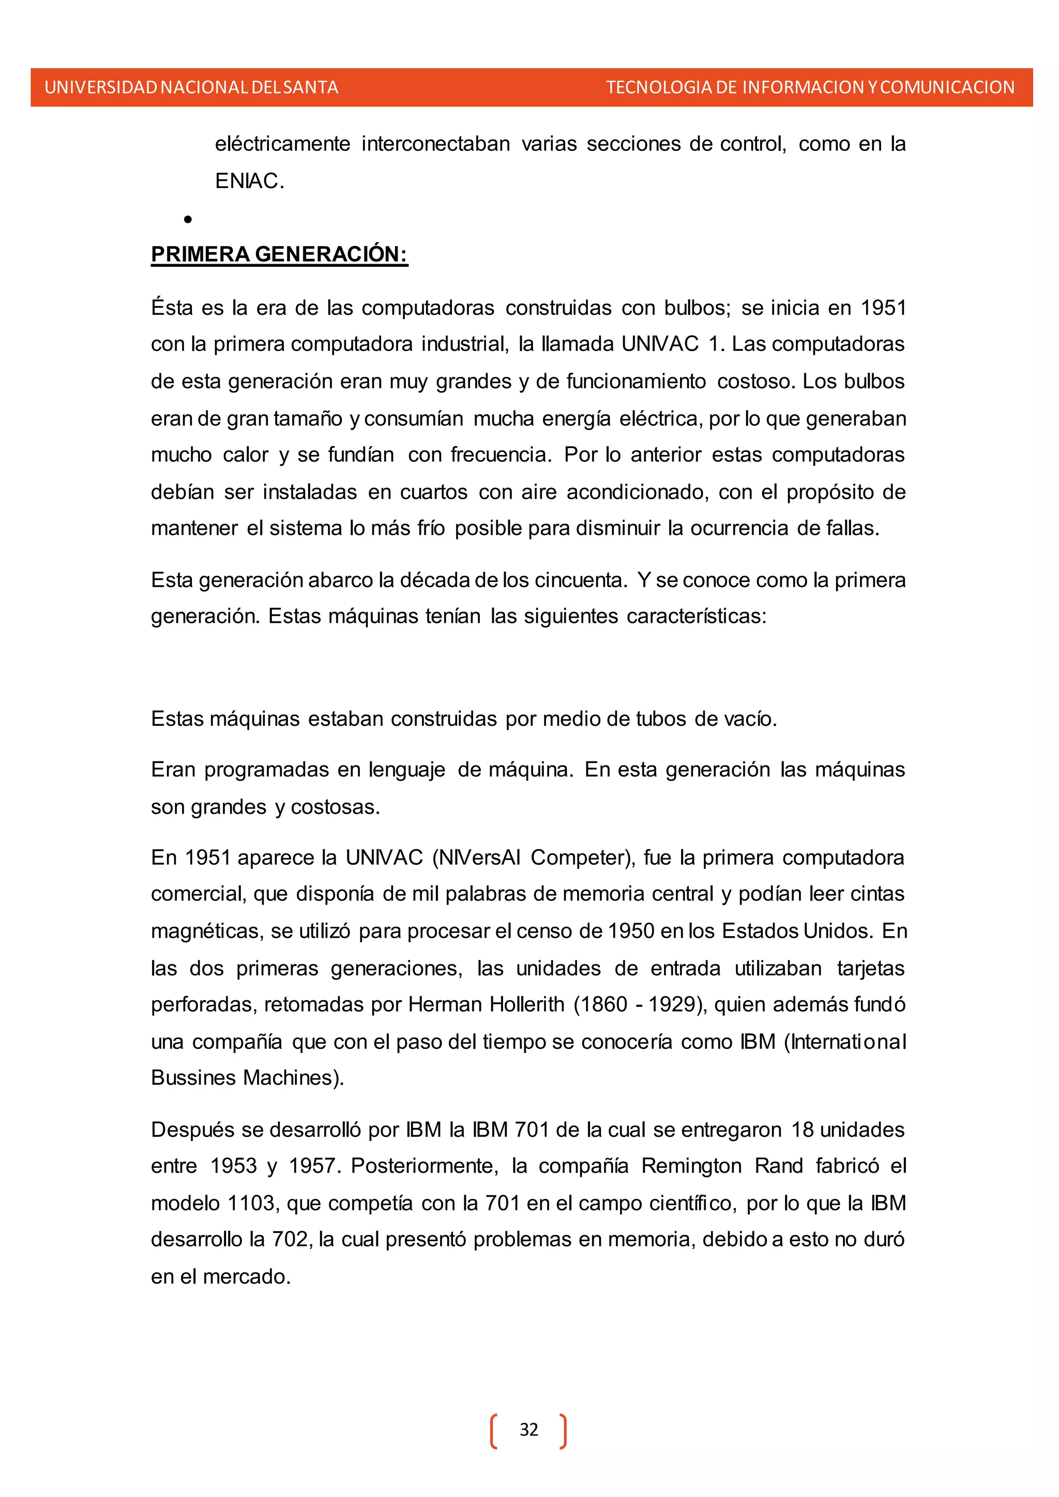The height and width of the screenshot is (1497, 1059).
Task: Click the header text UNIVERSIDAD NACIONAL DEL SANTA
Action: tap(191, 87)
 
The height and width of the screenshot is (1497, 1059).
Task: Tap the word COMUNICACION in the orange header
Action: tap(947, 87)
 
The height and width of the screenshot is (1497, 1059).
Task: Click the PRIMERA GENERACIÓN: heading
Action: tap(279, 254)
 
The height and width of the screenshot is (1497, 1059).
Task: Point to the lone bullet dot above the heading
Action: tap(188, 220)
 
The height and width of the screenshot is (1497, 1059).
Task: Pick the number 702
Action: tap(290, 1240)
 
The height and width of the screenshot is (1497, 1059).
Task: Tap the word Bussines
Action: tap(194, 1078)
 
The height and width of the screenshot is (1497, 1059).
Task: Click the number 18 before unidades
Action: tap(803, 1129)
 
